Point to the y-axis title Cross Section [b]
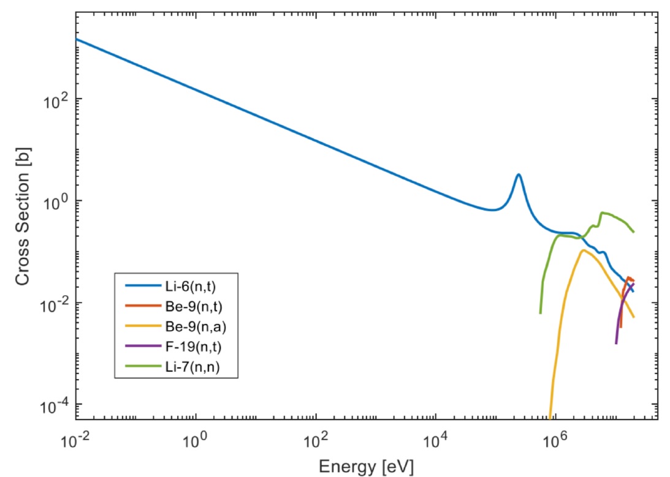[23, 219]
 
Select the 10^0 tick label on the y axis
[56, 201]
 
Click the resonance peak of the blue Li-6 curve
[519, 175]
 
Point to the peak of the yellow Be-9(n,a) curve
[582, 250]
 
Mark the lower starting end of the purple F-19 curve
[616, 343]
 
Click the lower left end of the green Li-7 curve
[540, 313]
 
